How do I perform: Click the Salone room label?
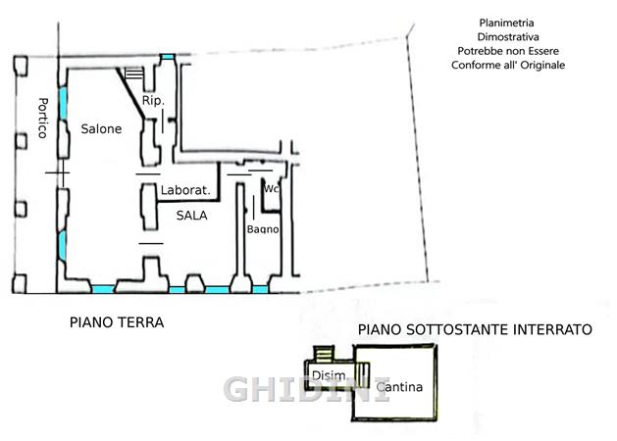pyautogui.click(x=101, y=129)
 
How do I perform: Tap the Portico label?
pyautogui.click(x=42, y=118)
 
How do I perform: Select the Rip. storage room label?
pyautogui.click(x=153, y=101)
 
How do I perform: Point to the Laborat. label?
pyautogui.click(x=185, y=190)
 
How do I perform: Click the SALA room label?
pyautogui.click(x=191, y=216)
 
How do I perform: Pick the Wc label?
pyautogui.click(x=272, y=189)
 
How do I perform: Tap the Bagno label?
pyautogui.click(x=263, y=229)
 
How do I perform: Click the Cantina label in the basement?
pyautogui.click(x=399, y=387)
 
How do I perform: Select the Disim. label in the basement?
pyautogui.click(x=329, y=375)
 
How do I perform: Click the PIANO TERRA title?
pyautogui.click(x=117, y=322)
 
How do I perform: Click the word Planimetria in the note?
pyautogui.click(x=506, y=23)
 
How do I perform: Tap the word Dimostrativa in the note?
pyautogui.click(x=508, y=37)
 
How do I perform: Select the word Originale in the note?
pyautogui.click(x=542, y=65)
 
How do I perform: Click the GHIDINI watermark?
pyautogui.click(x=307, y=389)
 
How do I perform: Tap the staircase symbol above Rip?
pyautogui.click(x=133, y=73)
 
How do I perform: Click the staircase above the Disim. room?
pyautogui.click(x=324, y=354)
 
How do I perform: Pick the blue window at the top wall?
pyautogui.click(x=168, y=57)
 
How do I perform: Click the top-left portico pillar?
pyautogui.click(x=21, y=66)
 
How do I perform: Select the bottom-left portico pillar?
pyautogui.click(x=20, y=284)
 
